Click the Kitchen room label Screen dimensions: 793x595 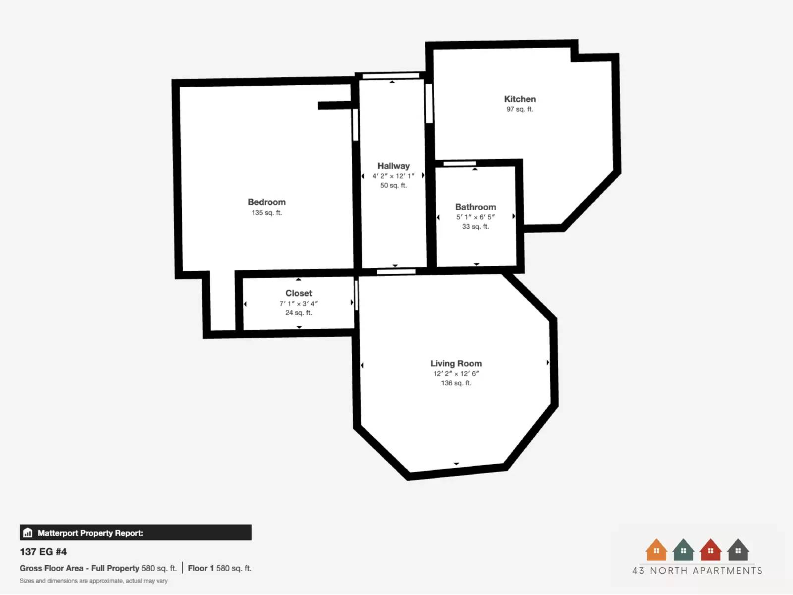[x=519, y=99]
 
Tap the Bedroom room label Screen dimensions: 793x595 [x=267, y=202]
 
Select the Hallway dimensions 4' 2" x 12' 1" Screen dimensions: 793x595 [x=394, y=176]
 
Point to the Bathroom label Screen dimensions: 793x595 [x=475, y=207]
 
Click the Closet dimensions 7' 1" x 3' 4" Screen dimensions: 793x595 [x=298, y=303]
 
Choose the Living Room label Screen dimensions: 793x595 [x=456, y=363]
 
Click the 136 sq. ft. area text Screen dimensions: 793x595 [x=456, y=383]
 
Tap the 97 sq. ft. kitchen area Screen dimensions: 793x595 [x=519, y=109]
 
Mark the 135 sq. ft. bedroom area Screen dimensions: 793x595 [x=267, y=213]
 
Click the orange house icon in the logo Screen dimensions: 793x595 [x=656, y=550]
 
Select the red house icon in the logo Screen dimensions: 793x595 [x=710, y=550]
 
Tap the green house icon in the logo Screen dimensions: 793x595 [x=683, y=550]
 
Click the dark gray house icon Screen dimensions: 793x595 [x=737, y=550]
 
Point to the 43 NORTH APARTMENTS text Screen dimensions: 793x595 [x=697, y=571]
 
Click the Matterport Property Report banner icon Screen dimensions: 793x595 [x=28, y=533]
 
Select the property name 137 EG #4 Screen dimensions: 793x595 [x=43, y=552]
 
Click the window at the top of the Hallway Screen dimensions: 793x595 [x=391, y=76]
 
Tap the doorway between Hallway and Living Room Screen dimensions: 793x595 [x=396, y=271]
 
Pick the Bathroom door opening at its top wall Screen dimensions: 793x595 [x=459, y=164]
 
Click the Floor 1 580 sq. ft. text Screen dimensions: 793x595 [x=220, y=568]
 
